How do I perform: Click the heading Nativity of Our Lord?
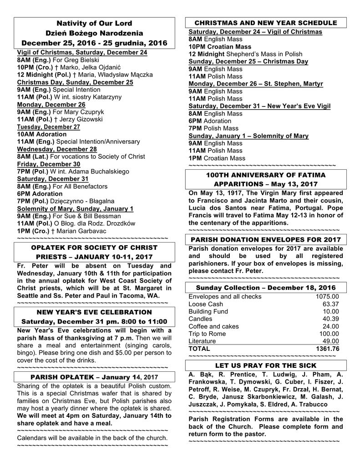(x=94, y=23)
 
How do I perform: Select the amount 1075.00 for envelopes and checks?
(x=327, y=297)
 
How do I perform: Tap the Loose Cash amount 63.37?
(x=331, y=304)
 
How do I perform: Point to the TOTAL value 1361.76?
(x=327, y=349)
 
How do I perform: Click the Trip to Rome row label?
(x=208, y=334)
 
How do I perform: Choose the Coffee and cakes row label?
(x=213, y=326)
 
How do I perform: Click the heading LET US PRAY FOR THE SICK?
(x=266, y=365)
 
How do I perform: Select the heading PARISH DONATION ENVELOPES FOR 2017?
(x=265, y=239)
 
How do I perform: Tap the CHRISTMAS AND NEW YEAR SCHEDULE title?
(x=266, y=23)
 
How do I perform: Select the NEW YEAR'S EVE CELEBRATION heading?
(x=94, y=312)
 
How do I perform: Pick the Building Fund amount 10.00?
(x=331, y=311)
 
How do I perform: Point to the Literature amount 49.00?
(x=331, y=341)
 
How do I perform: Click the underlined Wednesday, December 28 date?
(x=57, y=149)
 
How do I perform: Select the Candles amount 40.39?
(x=331, y=319)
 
